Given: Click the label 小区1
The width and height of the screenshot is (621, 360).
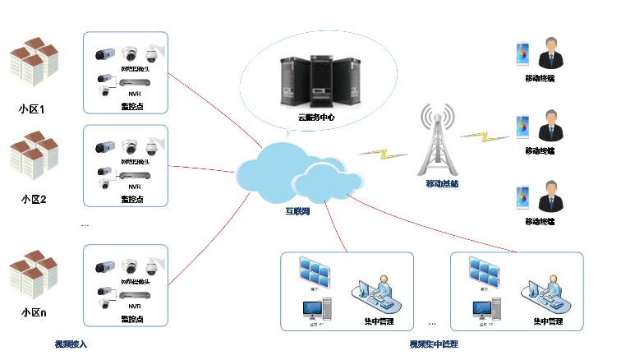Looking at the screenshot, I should click(x=33, y=108).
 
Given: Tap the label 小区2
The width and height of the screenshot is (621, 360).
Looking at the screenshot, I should click(x=33, y=199).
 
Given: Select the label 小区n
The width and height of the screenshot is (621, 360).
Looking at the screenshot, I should click(x=33, y=313).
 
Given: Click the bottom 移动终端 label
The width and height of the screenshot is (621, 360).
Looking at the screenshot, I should click(x=540, y=221).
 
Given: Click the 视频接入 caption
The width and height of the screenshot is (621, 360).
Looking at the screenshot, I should click(x=71, y=344).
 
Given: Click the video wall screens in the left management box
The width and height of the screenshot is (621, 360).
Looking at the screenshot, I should click(x=315, y=270).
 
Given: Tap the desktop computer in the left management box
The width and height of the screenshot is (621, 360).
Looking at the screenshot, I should click(x=315, y=311).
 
